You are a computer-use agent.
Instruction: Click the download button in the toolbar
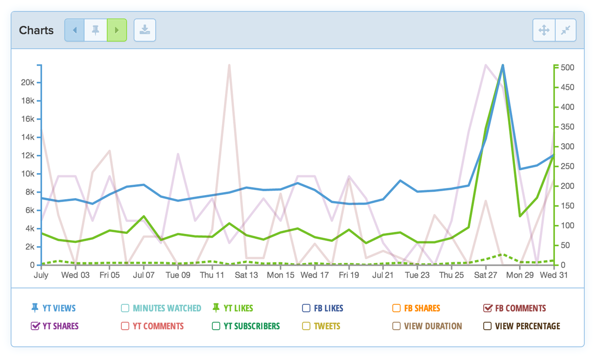click(x=145, y=30)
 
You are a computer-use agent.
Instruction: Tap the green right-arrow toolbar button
click(x=117, y=30)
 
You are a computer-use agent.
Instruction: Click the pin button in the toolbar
click(x=95, y=30)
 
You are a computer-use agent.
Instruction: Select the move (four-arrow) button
click(x=544, y=30)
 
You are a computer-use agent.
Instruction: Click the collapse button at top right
click(x=565, y=30)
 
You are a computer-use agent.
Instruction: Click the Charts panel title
click(x=36, y=30)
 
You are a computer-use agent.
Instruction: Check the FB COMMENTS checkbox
click(x=488, y=308)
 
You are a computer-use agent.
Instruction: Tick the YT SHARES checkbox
click(x=35, y=326)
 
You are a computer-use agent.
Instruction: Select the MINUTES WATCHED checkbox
click(x=125, y=308)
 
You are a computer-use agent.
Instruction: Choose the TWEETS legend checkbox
click(x=306, y=326)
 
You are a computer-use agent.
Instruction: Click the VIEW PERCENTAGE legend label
click(x=527, y=326)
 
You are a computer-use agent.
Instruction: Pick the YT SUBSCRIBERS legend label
click(x=251, y=326)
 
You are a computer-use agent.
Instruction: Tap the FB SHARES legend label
click(x=422, y=308)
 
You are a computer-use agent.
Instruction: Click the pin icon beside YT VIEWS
click(x=35, y=308)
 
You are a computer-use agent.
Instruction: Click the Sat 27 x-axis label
click(x=485, y=275)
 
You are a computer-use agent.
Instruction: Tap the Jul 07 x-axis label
click(x=144, y=275)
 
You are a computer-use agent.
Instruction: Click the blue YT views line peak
click(x=503, y=65)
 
